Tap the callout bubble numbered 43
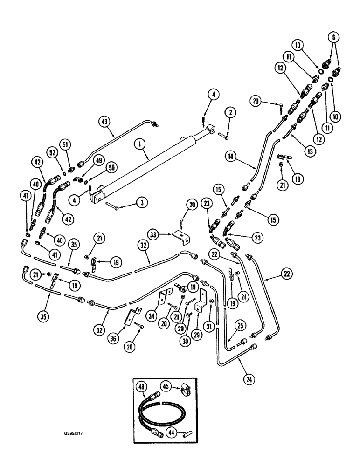(x=104, y=122)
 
